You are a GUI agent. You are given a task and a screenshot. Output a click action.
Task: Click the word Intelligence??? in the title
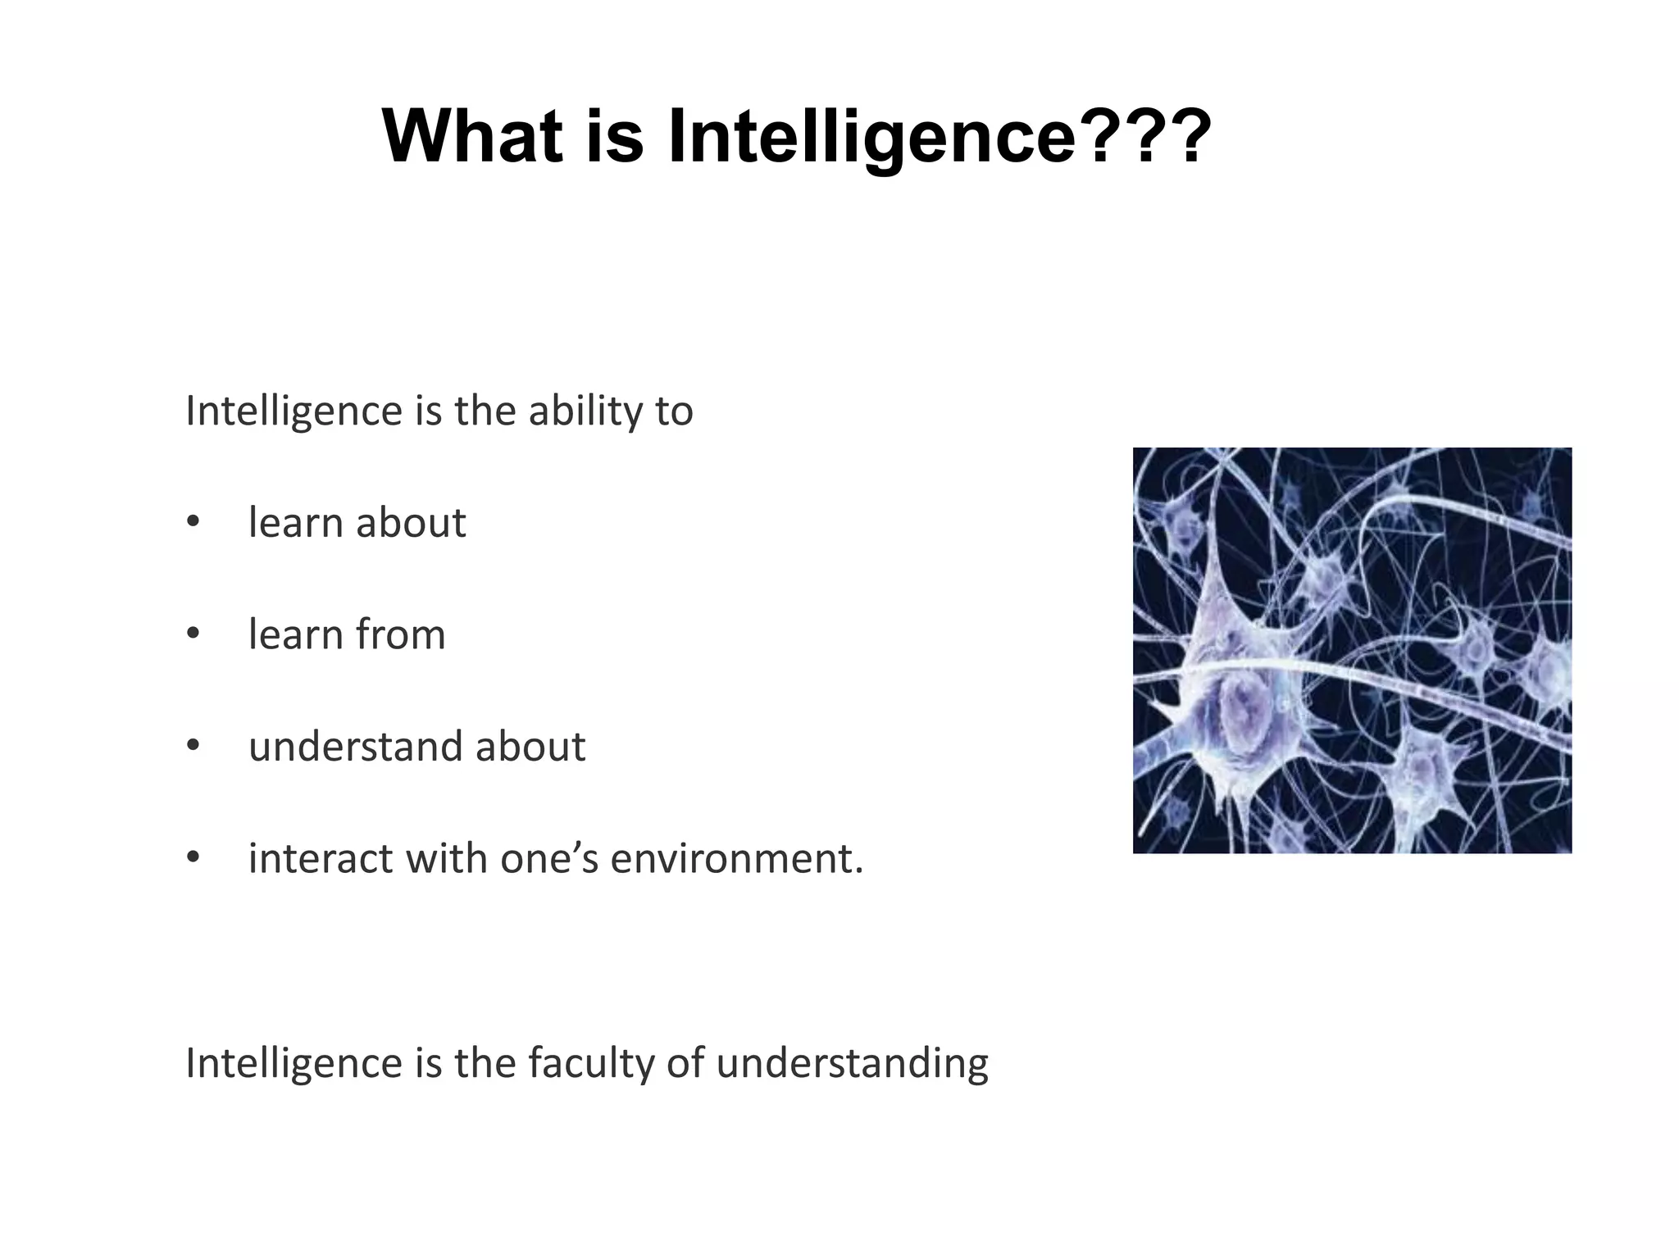pos(940,138)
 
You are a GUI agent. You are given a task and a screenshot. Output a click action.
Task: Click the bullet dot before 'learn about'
pos(193,522)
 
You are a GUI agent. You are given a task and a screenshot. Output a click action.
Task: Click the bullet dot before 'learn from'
pos(193,634)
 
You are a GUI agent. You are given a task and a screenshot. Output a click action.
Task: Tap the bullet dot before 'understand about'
pos(193,746)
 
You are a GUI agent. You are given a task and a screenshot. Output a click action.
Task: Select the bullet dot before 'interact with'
pos(193,858)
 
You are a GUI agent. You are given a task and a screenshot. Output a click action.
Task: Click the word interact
pos(319,858)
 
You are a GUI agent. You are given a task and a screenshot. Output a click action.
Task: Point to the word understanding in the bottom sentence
pos(853,1063)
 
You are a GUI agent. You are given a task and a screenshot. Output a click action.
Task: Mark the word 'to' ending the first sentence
pos(674,411)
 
